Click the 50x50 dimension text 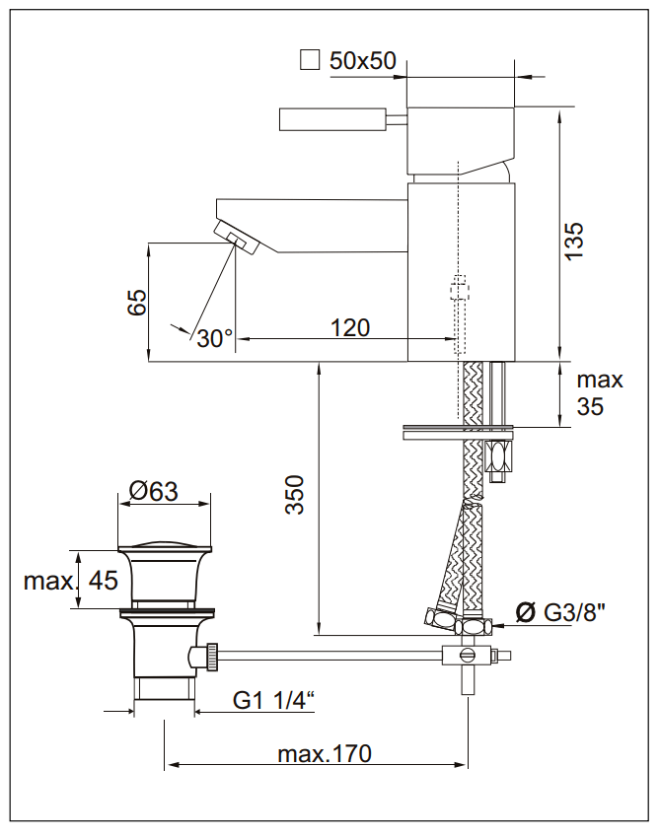click(362, 61)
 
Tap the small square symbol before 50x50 click(310, 61)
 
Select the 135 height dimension click(574, 240)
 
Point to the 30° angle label click(214, 338)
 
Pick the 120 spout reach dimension click(349, 327)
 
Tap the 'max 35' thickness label click(600, 392)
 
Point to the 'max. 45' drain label click(70, 581)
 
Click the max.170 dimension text click(324, 754)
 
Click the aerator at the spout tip click(237, 237)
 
